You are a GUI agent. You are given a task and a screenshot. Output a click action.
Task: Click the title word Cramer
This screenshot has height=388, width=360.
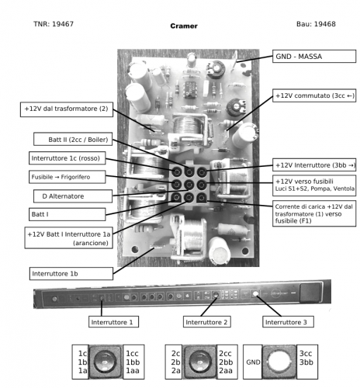coord(183,26)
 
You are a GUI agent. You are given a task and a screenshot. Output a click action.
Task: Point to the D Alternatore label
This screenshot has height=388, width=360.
coord(75,196)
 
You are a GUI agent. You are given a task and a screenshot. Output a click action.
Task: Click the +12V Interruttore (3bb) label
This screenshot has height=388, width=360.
coord(313,165)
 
